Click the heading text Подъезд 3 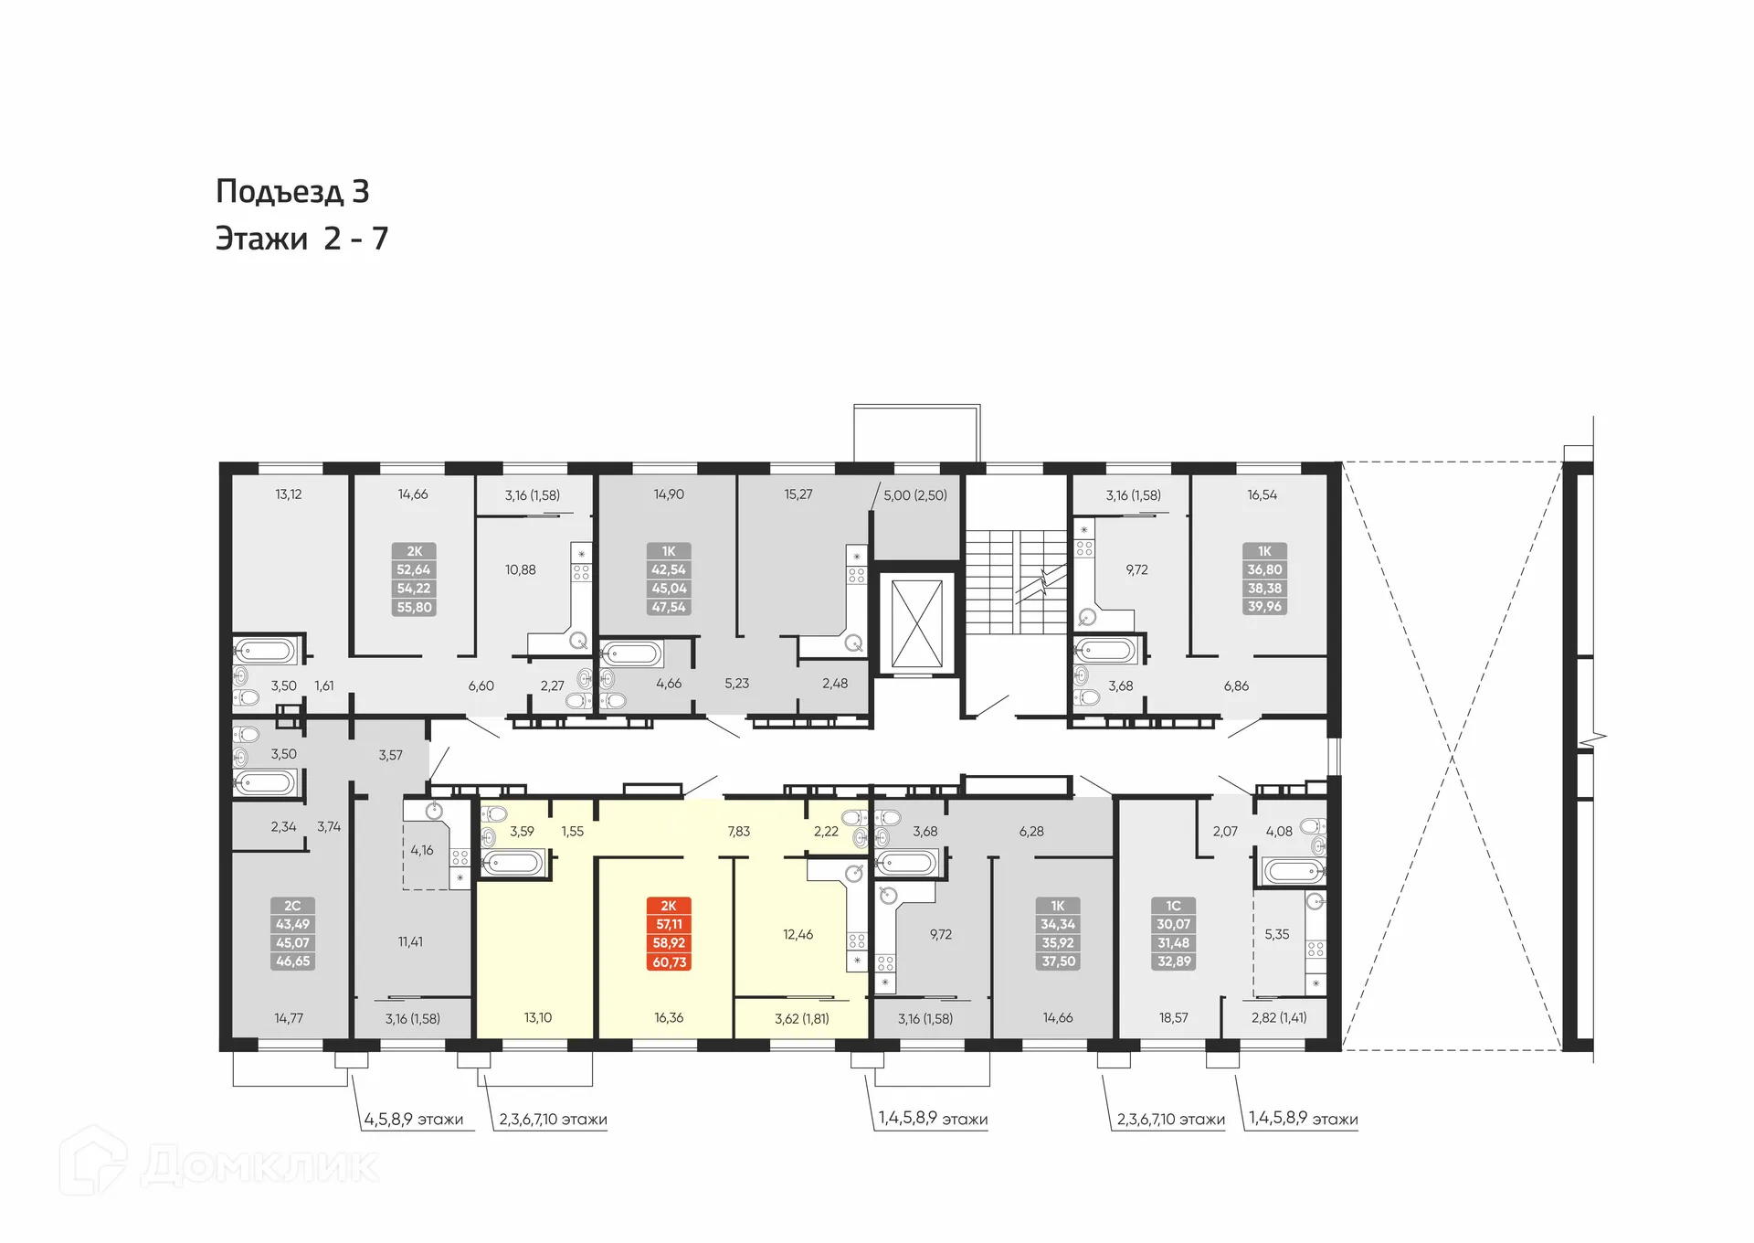tap(292, 192)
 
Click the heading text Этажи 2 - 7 tap(301, 239)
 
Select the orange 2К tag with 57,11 tap(669, 933)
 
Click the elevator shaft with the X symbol tap(916, 623)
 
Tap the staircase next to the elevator tap(1016, 581)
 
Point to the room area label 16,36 tap(669, 1017)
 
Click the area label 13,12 tap(289, 494)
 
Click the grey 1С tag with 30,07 tap(1174, 933)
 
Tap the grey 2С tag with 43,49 tap(292, 933)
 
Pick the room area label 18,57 tap(1174, 1017)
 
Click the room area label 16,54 tap(1263, 494)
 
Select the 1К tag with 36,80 tap(1265, 579)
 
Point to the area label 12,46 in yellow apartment tap(798, 934)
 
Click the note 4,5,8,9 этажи tap(414, 1120)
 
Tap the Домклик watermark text tap(260, 1166)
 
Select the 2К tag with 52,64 tap(414, 579)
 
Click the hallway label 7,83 tap(738, 831)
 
